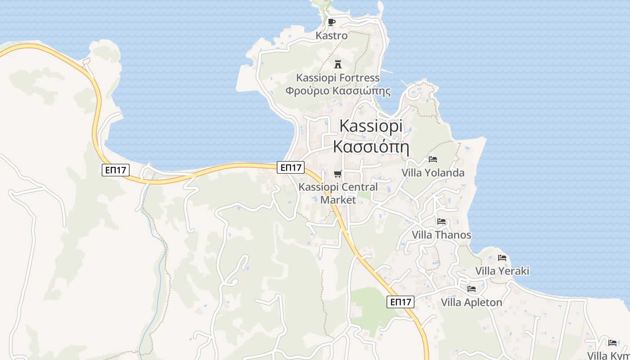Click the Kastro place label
click(332, 36)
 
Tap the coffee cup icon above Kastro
click(332, 22)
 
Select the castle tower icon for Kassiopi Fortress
click(338, 64)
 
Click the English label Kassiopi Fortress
click(338, 78)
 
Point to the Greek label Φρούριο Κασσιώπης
click(338, 91)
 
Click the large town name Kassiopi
click(371, 126)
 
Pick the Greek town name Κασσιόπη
click(371, 146)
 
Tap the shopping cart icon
click(338, 174)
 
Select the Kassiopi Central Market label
click(338, 193)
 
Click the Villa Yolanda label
click(433, 173)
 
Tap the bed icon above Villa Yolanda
click(433, 159)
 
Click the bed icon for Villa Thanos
click(441, 221)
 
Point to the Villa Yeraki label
click(502, 271)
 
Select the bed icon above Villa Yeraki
click(502, 258)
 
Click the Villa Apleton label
click(472, 302)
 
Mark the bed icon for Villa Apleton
click(472, 289)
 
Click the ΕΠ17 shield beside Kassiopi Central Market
click(291, 167)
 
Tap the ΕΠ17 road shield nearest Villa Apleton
click(400, 302)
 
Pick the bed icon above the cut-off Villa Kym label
click(612, 343)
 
